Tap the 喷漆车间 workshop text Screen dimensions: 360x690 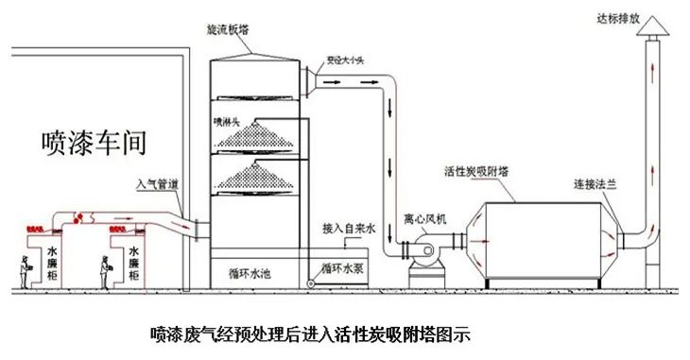[95, 142]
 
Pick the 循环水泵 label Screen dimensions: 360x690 [344, 266]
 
